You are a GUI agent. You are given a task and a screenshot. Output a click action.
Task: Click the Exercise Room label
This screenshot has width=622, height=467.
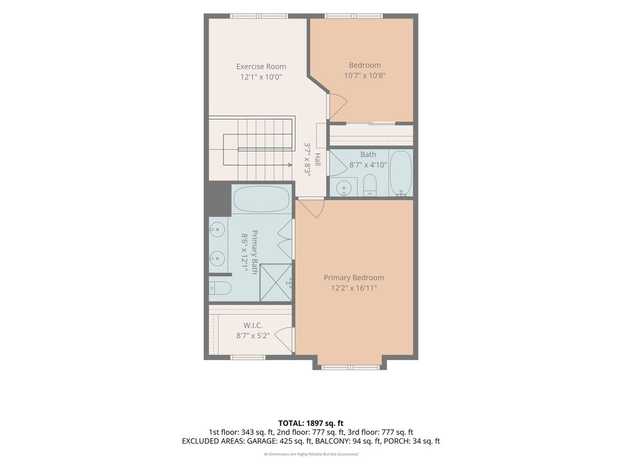(261, 66)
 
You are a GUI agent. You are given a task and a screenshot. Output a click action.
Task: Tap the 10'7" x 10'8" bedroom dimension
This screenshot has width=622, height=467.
(365, 76)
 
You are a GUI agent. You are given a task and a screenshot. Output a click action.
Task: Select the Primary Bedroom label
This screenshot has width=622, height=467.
(354, 278)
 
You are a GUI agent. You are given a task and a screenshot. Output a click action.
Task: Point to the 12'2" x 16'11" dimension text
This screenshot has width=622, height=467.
(354, 288)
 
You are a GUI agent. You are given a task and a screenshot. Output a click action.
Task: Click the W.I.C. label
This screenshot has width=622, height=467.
(253, 325)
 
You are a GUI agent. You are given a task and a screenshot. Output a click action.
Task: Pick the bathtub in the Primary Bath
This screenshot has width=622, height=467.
(262, 199)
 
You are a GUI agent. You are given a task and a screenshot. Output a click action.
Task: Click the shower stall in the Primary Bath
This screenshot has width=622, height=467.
(276, 282)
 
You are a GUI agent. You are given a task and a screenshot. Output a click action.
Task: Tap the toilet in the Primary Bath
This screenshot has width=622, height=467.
(220, 288)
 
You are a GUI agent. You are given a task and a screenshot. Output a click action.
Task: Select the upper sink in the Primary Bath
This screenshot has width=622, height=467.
(217, 229)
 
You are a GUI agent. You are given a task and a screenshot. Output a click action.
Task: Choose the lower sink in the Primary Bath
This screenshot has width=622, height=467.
(217, 258)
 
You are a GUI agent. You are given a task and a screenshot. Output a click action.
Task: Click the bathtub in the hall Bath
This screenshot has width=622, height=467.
(401, 172)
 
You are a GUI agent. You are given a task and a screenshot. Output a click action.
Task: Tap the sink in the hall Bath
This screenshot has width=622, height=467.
(344, 188)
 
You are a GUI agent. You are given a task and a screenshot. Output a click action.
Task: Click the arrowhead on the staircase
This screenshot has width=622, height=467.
(290, 164)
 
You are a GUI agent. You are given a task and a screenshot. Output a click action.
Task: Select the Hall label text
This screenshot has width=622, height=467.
(318, 160)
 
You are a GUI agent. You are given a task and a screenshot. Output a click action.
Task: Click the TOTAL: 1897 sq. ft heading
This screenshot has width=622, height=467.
(311, 423)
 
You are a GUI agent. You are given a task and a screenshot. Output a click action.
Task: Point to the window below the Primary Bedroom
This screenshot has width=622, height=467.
(350, 367)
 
